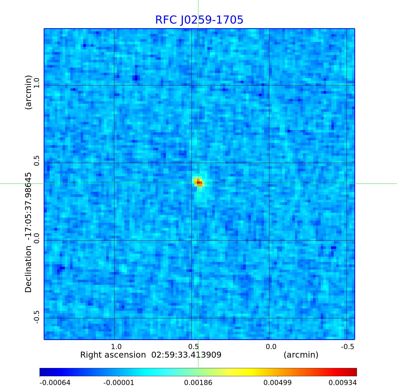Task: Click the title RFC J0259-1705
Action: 199,20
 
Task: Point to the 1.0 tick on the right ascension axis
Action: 116,347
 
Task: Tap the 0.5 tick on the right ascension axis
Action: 193,347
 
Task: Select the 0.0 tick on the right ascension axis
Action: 271,347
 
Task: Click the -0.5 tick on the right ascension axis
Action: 347,347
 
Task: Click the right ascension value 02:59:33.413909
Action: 186,355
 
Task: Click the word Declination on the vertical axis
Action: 28,269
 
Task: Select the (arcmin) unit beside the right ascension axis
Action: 301,355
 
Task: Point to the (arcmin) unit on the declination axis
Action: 28,92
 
